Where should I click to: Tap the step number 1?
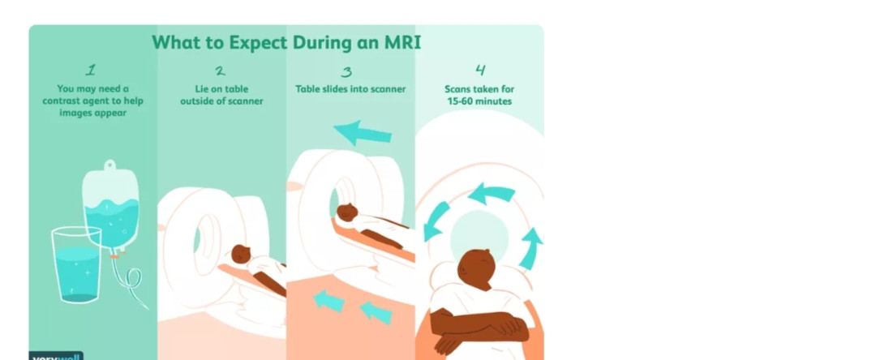[91, 71]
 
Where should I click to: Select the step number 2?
[221, 71]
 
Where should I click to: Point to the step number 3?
[347, 71]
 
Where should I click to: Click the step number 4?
[480, 70]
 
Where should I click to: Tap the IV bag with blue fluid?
[111, 208]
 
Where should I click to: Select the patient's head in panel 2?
[241, 254]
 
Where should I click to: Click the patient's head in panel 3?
[347, 212]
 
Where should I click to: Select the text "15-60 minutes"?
[479, 101]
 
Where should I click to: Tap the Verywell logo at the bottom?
[56, 355]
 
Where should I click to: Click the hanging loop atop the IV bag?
[110, 165]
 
